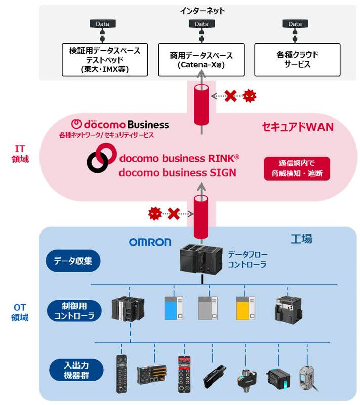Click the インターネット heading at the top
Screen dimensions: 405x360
coord(202,10)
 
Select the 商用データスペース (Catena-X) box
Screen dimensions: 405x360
coord(202,59)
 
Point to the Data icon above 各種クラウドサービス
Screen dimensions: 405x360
coord(295,24)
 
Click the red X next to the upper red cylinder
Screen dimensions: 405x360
coord(231,95)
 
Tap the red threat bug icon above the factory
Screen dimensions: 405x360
coord(154,213)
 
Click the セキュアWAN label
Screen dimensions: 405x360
coord(298,127)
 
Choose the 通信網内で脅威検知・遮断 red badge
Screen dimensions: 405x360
coord(297,168)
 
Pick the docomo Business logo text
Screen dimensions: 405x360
coord(121,124)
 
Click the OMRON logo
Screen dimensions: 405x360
coord(150,242)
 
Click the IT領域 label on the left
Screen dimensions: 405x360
coord(20,153)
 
